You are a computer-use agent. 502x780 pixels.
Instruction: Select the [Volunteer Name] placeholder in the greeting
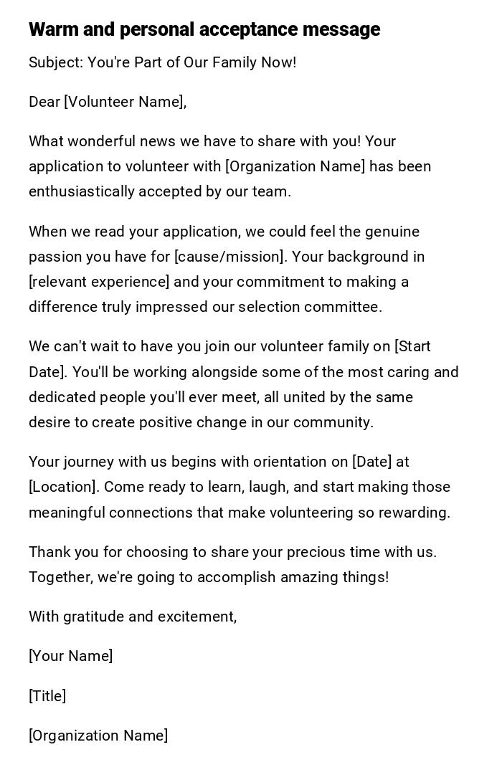click(x=123, y=102)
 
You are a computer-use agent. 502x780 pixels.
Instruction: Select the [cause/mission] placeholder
click(x=229, y=257)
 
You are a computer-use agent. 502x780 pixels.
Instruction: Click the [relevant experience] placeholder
click(x=99, y=282)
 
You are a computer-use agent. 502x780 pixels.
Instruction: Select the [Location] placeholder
click(x=62, y=487)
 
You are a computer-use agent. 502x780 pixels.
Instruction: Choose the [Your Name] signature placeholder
click(x=70, y=656)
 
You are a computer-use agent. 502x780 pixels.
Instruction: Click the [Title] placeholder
click(x=47, y=696)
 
